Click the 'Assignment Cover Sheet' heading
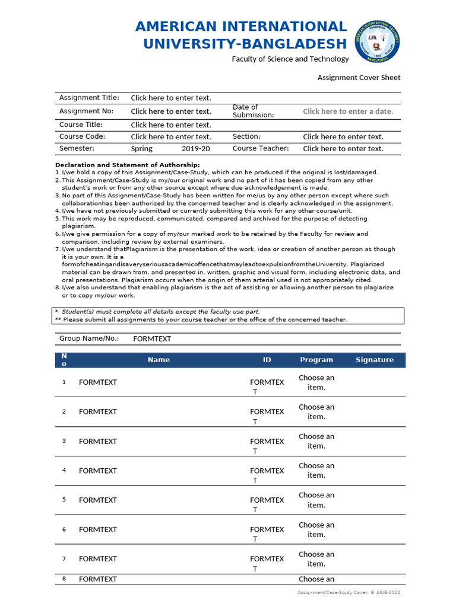click(359, 78)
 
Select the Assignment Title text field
click(171, 98)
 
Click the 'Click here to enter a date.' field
click(348, 111)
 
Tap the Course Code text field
click(171, 137)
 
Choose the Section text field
click(343, 137)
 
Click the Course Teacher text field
click(343, 149)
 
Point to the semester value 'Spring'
click(142, 149)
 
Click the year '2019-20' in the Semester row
click(195, 149)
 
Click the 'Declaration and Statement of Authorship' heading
click(128, 165)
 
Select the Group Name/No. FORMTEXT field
click(152, 339)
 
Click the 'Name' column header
click(159, 360)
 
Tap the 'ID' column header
click(267, 360)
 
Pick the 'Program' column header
click(316, 360)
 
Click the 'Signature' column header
click(375, 360)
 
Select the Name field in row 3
click(98, 442)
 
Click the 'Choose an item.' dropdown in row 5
click(316, 500)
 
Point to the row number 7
click(64, 559)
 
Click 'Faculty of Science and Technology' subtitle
click(290, 59)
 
